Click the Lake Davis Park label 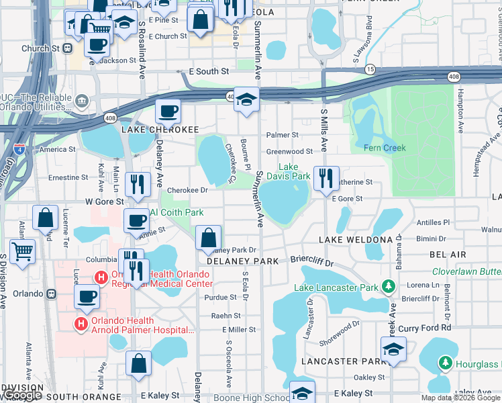293,172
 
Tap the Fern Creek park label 385,148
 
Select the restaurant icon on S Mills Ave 326,179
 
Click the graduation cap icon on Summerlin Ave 246,101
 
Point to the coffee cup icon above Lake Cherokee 168,111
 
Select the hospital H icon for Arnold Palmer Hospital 81,324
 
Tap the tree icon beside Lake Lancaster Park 388,287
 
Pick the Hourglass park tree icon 444,363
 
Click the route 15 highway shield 370,70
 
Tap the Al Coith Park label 177,212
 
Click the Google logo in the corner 22,395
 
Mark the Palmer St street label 282,135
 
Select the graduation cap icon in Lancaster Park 393,349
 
